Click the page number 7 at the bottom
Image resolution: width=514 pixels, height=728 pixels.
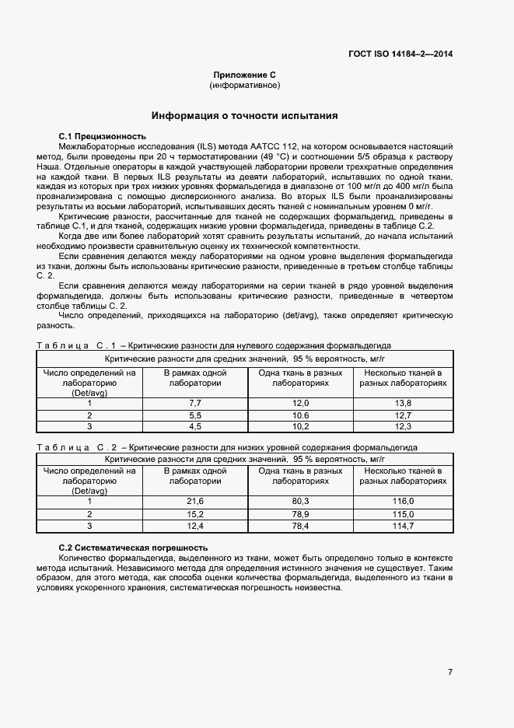tap(450, 671)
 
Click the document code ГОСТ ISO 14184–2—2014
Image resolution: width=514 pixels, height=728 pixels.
tap(400, 54)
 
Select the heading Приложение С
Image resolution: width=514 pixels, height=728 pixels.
tap(245, 74)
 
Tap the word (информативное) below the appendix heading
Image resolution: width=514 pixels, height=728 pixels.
tap(245, 85)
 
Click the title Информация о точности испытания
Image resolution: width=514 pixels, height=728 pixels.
tap(244, 116)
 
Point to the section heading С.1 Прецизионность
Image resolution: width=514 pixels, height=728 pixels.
tap(103, 136)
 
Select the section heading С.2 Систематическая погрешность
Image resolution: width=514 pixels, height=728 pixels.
tap(133, 548)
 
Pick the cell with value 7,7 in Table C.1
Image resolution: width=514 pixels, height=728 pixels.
tap(195, 403)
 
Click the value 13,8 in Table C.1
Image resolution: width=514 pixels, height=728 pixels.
tap(403, 403)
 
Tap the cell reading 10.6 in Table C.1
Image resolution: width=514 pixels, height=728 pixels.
tap(300, 415)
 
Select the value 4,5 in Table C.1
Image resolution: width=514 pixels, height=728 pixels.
tap(195, 426)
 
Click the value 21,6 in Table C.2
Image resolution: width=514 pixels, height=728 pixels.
tap(195, 502)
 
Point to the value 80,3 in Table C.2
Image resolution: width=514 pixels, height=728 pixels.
tap(300, 502)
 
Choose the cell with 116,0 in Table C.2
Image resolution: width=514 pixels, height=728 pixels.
tap(403, 502)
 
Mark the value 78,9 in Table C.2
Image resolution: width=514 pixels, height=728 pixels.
tap(300, 514)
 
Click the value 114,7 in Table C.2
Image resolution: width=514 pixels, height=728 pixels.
tap(403, 526)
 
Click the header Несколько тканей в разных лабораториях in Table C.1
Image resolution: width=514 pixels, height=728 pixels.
tap(403, 378)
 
